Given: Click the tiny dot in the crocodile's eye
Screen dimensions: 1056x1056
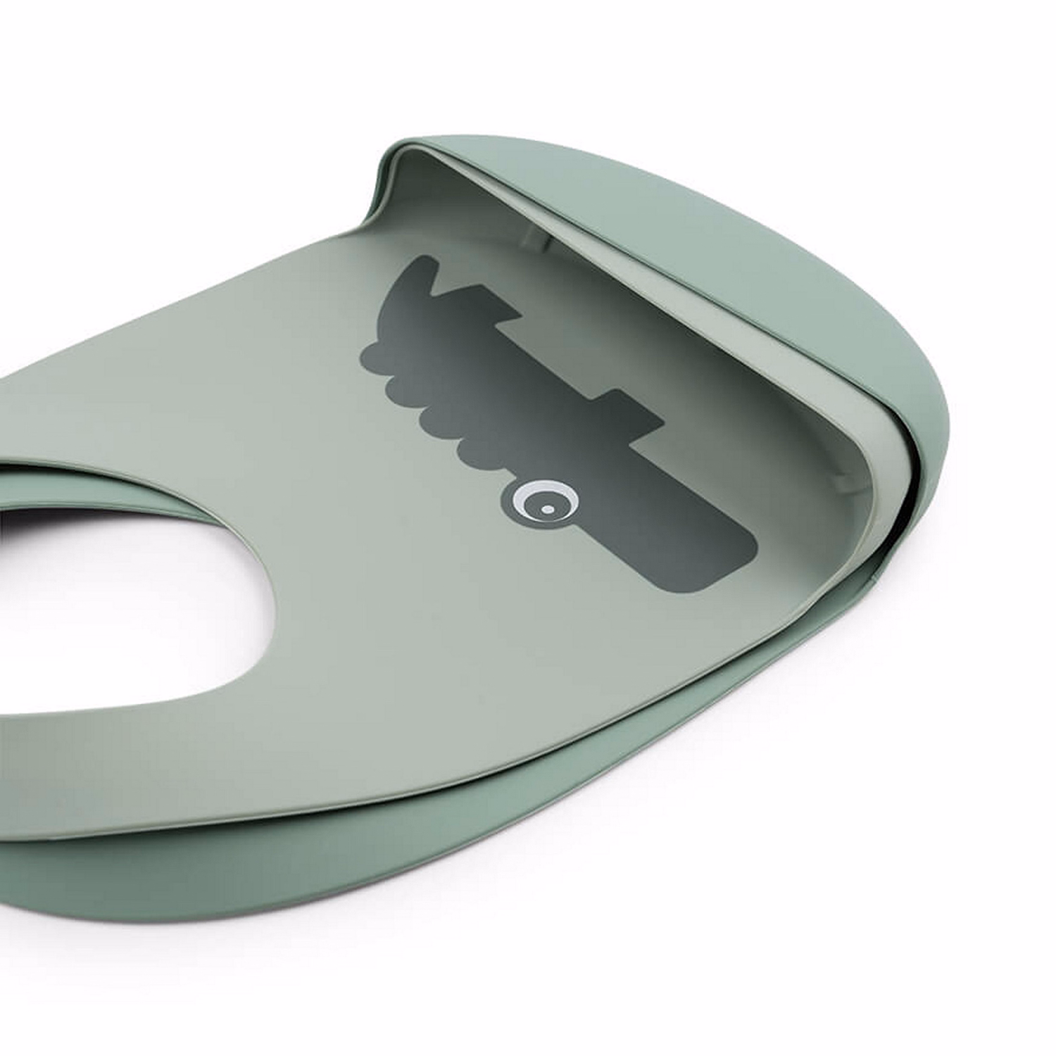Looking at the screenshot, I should coord(547,508).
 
